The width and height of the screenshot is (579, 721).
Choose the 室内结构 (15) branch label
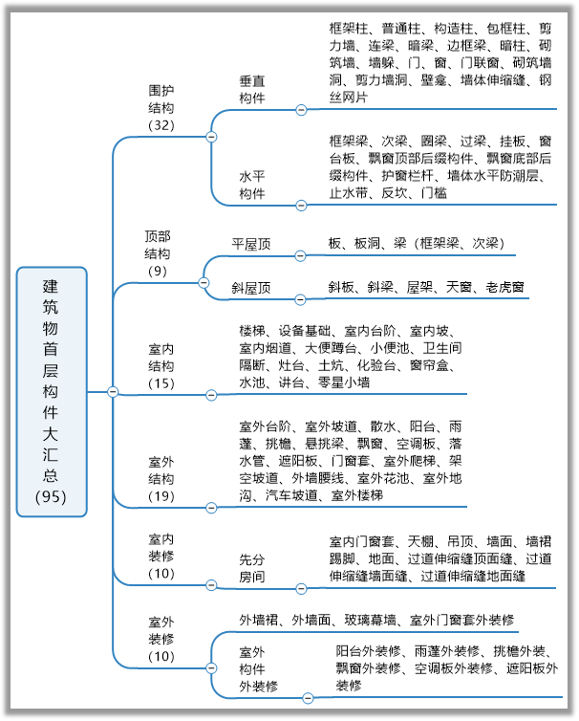[x=161, y=364]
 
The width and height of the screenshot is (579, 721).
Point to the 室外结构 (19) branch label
[x=161, y=478]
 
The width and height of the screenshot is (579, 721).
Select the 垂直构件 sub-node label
[x=251, y=89]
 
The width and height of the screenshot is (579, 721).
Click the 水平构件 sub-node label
[x=251, y=185]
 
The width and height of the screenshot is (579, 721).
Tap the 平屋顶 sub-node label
[x=251, y=245]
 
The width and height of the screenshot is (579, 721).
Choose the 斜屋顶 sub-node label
[x=251, y=287]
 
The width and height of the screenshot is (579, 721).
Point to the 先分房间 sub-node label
[x=251, y=568]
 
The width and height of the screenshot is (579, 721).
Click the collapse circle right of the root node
[x=113, y=391]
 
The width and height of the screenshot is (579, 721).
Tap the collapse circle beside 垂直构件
[x=302, y=108]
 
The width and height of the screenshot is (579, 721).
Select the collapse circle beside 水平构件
[x=302, y=205]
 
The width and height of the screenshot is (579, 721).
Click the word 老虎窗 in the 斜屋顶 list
[x=504, y=287]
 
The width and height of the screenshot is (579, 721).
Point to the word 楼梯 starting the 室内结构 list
[x=251, y=330]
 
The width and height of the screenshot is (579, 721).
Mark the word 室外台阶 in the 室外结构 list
[x=265, y=426]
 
